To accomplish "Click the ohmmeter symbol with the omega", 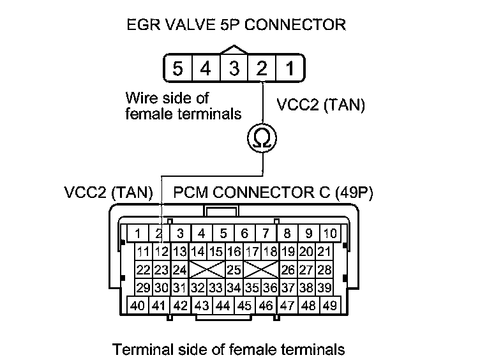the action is point(261,139).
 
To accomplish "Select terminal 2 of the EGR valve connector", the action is point(262,68).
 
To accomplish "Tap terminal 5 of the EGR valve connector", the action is point(178,68).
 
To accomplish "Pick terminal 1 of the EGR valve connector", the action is point(289,68).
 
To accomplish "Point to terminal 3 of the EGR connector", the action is point(234,68).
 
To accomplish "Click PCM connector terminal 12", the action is point(161,251).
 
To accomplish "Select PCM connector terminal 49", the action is point(329,306).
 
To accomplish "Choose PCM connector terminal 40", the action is point(138,306).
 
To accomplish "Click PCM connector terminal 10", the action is point(329,233).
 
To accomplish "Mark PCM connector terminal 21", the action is point(324,251).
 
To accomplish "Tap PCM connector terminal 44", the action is point(223,306).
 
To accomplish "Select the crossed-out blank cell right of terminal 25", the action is point(262,269).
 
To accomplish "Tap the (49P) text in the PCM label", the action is point(357,191).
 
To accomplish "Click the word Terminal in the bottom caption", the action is point(138,349).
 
